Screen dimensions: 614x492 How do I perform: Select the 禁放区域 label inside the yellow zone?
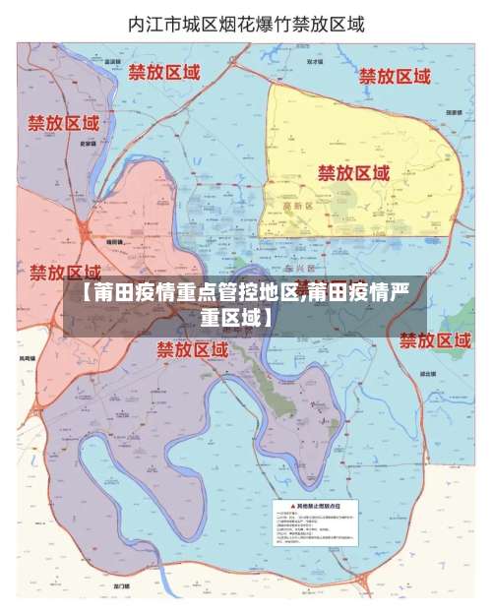click(x=353, y=172)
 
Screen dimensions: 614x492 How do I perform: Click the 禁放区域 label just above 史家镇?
click(x=63, y=124)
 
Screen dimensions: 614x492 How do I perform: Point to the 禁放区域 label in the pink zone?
click(x=65, y=271)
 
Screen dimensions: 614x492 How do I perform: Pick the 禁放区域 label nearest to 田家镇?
click(x=395, y=76)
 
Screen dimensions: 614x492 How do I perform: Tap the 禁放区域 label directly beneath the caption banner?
click(x=192, y=348)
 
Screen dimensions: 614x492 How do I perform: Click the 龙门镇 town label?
click(x=122, y=585)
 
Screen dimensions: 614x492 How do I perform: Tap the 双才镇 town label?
click(x=315, y=61)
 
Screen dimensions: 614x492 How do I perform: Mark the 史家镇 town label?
click(x=88, y=144)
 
